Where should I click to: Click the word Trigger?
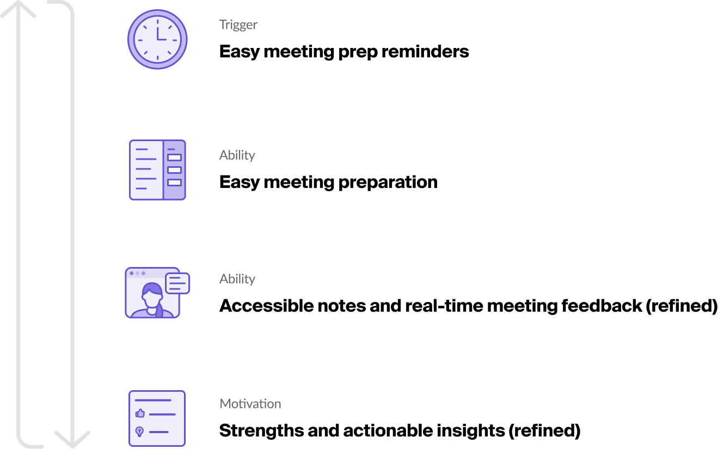click(x=238, y=25)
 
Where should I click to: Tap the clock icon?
click(x=157, y=39)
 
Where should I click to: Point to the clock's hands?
click(x=160, y=35)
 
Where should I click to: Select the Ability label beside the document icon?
click(x=237, y=155)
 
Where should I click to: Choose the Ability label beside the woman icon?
click(x=237, y=279)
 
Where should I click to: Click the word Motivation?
click(x=250, y=404)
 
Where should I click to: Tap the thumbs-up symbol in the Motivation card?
click(x=140, y=414)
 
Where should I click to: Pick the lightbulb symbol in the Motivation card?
click(x=139, y=432)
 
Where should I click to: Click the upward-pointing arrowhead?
click(x=18, y=8)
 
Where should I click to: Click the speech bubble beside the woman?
click(x=177, y=283)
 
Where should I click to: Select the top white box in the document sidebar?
click(x=174, y=157)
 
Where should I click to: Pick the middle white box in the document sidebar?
click(x=174, y=170)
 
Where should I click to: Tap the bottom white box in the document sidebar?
click(x=174, y=183)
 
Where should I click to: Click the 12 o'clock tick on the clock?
click(x=157, y=21)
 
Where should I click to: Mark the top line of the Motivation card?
click(x=153, y=401)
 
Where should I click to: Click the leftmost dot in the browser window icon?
click(x=131, y=273)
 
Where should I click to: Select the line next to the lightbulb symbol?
click(x=158, y=432)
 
